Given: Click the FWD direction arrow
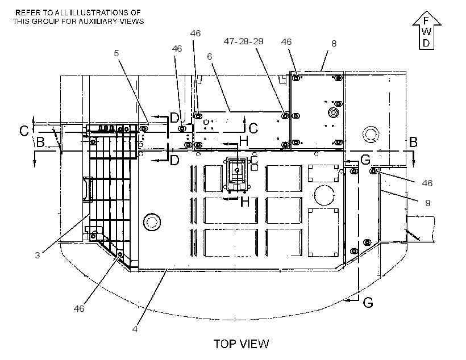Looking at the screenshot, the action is (x=426, y=30).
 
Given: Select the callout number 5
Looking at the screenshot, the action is (x=116, y=53).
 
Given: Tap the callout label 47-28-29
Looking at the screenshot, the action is (x=243, y=41).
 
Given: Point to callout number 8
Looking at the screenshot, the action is (x=334, y=44).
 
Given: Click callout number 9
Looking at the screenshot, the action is (x=428, y=203).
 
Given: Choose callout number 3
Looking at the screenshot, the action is (x=38, y=255).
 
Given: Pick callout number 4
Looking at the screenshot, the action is (x=135, y=329).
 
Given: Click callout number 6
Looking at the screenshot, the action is (x=210, y=56).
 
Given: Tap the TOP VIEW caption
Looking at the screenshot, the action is (x=241, y=344).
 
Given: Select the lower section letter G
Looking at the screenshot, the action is (x=368, y=303).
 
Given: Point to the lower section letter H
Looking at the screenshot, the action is (x=244, y=202).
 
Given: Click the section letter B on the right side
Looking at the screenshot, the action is (x=413, y=143).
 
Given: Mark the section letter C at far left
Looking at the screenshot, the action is (x=24, y=131).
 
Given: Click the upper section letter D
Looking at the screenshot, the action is (x=174, y=118).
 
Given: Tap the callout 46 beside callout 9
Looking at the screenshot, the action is (x=427, y=183).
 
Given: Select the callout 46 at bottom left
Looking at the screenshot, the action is (x=79, y=309).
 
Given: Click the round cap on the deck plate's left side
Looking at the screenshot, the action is (x=152, y=221).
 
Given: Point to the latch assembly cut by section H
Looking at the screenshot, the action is (x=237, y=173).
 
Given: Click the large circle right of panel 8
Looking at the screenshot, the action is (x=371, y=135).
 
